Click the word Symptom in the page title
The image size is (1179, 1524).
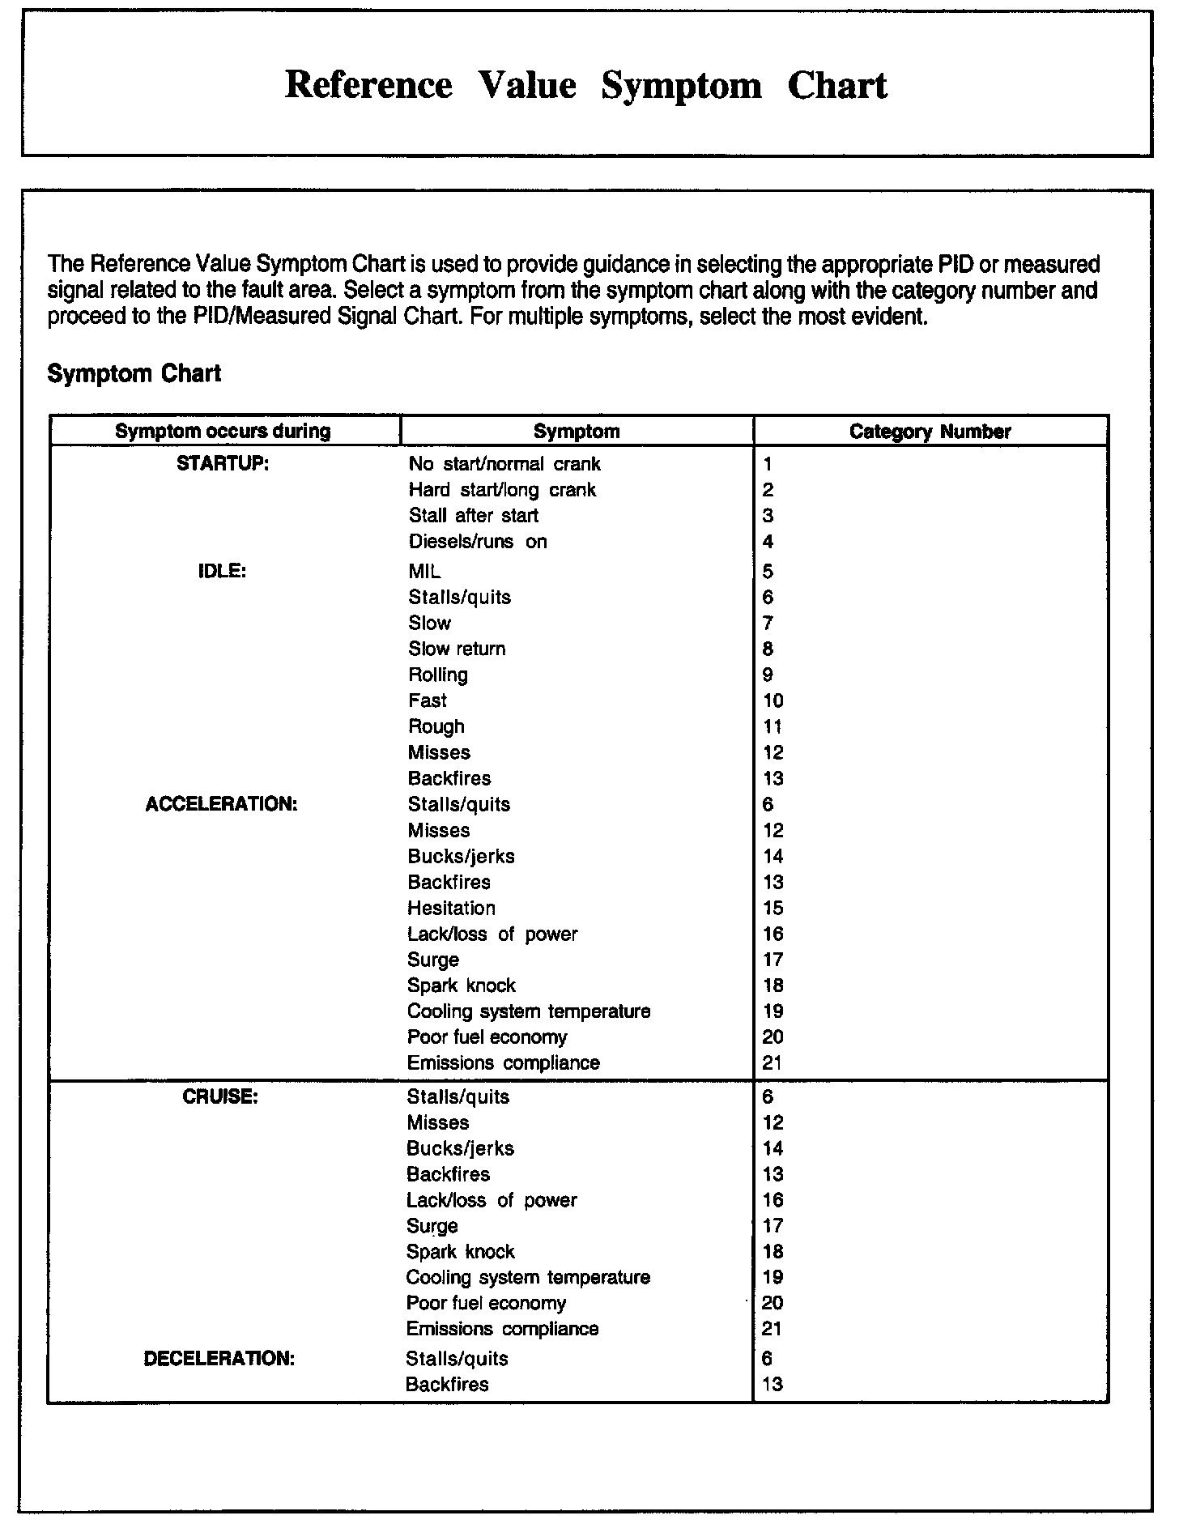click(681, 86)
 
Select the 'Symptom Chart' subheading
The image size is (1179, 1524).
click(134, 373)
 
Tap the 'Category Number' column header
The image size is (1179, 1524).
click(930, 432)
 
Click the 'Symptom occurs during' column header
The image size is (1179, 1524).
click(223, 432)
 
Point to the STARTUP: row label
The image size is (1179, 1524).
click(223, 464)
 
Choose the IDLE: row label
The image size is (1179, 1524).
click(221, 571)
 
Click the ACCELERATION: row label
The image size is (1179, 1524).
click(221, 804)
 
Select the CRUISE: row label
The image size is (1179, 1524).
click(220, 1096)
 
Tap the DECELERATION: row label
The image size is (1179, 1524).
click(219, 1358)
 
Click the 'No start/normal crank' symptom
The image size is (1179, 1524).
click(504, 464)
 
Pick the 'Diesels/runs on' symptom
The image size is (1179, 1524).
click(478, 542)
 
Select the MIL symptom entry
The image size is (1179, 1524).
click(424, 571)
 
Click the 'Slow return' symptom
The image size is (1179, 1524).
click(457, 649)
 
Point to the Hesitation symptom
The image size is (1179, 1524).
click(451, 908)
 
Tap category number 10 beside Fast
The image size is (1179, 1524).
click(773, 700)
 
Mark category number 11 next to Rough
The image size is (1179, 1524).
click(773, 726)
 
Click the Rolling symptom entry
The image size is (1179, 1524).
click(438, 675)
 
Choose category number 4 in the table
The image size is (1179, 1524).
click(768, 542)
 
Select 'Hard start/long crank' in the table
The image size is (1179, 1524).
click(502, 490)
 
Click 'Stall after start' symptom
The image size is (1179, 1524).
click(473, 516)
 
